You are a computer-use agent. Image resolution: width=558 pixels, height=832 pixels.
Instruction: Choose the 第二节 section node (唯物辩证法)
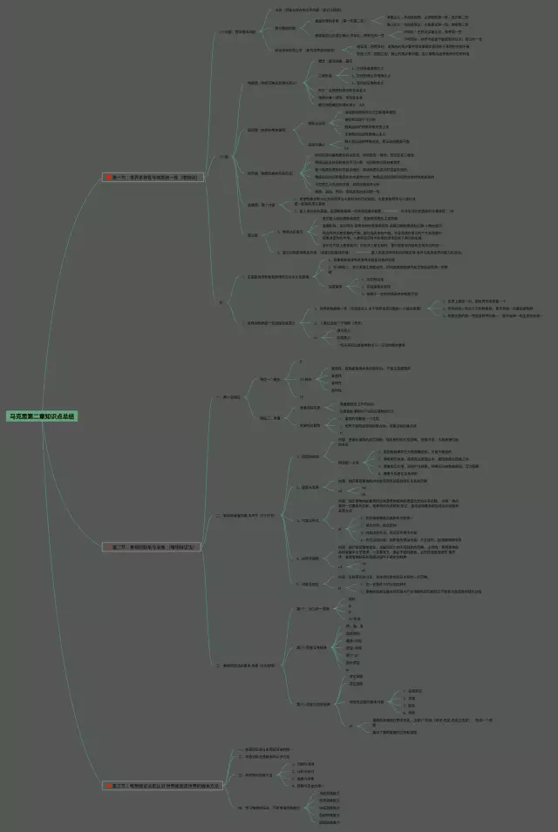pyautogui.click(x=157, y=546)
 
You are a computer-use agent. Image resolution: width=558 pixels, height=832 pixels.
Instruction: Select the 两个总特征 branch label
pyautogui.click(x=233, y=396)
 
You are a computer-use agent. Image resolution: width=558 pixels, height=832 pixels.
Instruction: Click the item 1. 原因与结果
pyautogui.click(x=310, y=456)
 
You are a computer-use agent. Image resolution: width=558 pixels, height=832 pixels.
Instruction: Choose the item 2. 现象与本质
pyautogui.click(x=310, y=487)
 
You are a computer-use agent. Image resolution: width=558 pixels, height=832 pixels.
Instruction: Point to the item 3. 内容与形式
pyautogui.click(x=310, y=520)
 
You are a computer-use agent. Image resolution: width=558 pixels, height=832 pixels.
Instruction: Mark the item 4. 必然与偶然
pyautogui.click(x=310, y=558)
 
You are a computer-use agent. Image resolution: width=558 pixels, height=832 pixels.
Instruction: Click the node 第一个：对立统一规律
pyautogui.click(x=313, y=609)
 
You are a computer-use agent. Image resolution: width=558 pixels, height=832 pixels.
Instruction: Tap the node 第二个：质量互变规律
pyautogui.click(x=313, y=647)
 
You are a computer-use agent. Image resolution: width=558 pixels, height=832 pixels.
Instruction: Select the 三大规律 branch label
pyautogui.click(x=254, y=666)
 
